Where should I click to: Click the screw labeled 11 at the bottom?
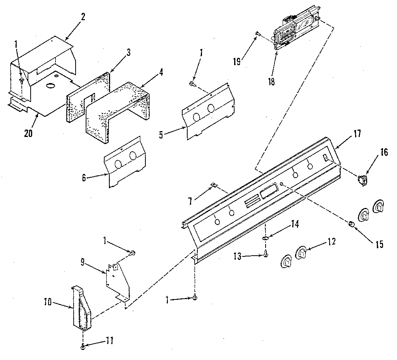click(84, 347)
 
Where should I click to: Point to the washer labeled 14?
click(265, 238)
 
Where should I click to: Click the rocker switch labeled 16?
click(363, 180)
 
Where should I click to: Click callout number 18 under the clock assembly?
click(271, 82)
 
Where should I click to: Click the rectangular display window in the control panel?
click(268, 192)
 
